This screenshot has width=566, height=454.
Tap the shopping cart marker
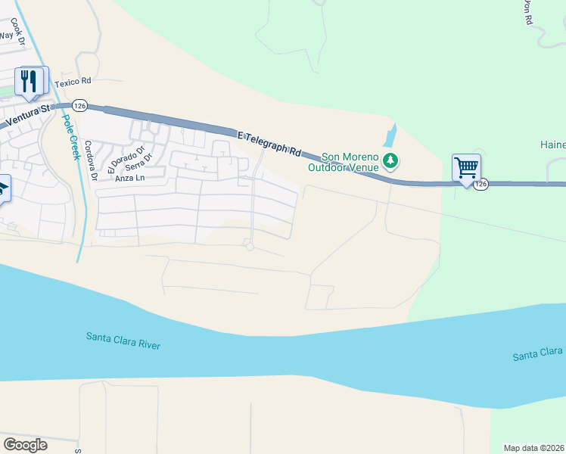point(466,168)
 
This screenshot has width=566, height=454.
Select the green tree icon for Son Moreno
point(390,160)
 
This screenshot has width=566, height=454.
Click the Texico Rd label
point(73,81)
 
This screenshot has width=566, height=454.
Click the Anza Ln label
point(129,178)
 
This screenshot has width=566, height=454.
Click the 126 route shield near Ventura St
point(80,105)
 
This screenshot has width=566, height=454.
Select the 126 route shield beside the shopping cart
point(481,184)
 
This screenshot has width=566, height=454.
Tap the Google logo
point(25,445)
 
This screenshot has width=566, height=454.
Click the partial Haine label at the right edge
point(552,145)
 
